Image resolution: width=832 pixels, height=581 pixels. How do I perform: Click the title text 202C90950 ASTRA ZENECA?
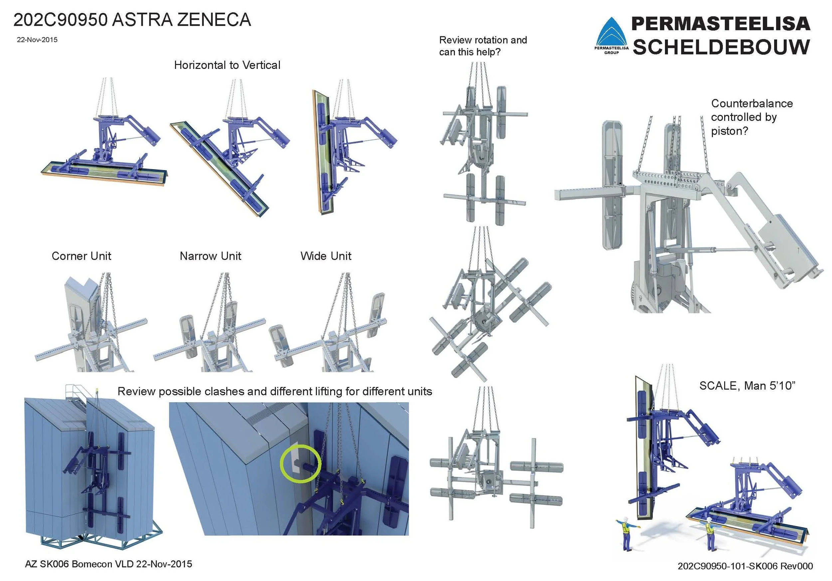click(x=132, y=20)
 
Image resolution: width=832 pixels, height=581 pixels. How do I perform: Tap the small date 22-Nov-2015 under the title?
click(x=37, y=40)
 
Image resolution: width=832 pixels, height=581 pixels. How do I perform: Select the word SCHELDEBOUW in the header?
click(x=721, y=47)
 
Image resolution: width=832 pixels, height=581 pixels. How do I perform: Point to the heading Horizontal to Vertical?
click(x=227, y=65)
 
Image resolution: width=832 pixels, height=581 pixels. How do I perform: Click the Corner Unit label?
click(x=82, y=256)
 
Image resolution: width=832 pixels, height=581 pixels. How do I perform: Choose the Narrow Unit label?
click(x=211, y=256)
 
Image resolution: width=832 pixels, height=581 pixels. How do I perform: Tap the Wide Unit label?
click(x=326, y=256)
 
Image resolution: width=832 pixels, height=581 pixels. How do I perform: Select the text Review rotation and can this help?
click(x=483, y=46)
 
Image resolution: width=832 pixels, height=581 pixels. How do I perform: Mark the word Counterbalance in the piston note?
click(x=752, y=104)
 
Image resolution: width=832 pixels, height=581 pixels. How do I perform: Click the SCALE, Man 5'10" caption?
click(x=747, y=386)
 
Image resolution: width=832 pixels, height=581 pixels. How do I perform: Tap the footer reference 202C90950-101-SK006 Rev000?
click(x=745, y=566)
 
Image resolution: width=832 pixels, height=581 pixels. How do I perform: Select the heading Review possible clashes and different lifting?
click(x=275, y=392)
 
